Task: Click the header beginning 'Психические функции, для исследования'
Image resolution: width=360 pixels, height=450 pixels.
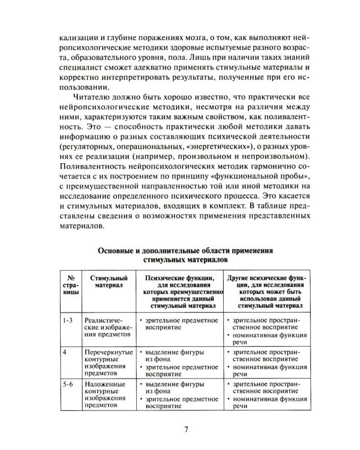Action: tap(179, 291)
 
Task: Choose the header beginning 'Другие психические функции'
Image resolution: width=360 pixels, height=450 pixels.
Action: tap(268, 291)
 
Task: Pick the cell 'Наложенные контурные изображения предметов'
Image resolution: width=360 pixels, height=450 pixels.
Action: tap(108, 396)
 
